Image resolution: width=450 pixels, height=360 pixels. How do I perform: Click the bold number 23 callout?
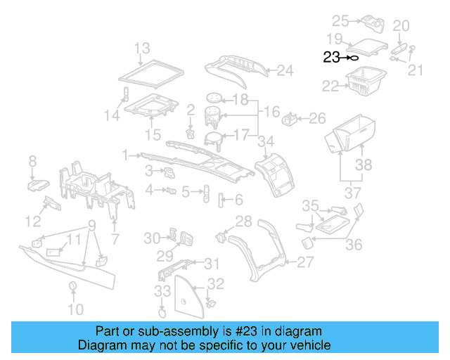tap(331, 58)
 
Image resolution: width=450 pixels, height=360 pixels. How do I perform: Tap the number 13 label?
tap(143, 49)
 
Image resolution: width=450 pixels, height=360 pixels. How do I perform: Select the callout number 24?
tap(284, 70)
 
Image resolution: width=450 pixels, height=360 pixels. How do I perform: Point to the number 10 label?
tap(75, 309)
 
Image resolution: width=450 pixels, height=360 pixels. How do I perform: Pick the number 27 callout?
tap(304, 263)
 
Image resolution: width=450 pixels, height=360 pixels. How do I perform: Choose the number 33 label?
tap(162, 291)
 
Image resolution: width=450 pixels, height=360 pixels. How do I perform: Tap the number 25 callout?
tap(340, 20)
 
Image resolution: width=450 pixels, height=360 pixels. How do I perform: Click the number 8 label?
tap(32, 163)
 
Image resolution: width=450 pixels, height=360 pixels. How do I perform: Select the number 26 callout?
tap(318, 117)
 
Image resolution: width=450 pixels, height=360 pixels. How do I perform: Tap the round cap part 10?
tap(72, 285)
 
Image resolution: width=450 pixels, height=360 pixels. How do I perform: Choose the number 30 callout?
tap(153, 239)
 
